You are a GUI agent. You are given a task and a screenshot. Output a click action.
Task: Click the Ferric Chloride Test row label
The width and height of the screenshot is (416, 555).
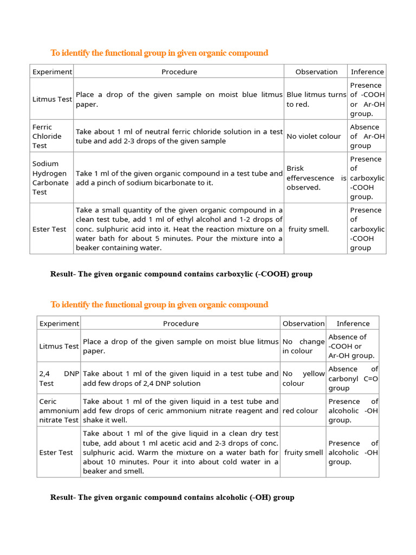click(47, 136)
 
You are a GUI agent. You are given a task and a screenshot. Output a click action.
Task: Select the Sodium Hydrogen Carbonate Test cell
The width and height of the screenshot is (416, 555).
click(50, 178)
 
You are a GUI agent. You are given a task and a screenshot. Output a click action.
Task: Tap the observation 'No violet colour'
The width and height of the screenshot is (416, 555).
click(314, 137)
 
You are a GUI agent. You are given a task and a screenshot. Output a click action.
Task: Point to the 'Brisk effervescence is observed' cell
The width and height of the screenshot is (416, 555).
click(316, 178)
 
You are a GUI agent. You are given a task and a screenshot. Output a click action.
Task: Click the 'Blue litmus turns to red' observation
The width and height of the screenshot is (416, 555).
click(316, 99)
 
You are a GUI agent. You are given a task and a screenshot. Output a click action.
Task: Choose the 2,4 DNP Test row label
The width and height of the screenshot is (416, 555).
click(58, 378)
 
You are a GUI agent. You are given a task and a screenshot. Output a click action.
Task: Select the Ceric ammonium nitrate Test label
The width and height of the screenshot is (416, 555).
click(58, 411)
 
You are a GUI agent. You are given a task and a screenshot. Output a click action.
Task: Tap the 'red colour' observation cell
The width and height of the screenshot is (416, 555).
click(300, 411)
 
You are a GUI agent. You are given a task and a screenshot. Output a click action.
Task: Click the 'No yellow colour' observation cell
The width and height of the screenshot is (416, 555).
click(303, 378)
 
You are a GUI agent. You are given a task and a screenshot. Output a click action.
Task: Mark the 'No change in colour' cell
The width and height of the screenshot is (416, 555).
click(303, 346)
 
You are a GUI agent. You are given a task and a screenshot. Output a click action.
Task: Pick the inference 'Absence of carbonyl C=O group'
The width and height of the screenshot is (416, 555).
click(353, 378)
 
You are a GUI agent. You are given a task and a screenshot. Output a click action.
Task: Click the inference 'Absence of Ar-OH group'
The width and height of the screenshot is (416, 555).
click(367, 137)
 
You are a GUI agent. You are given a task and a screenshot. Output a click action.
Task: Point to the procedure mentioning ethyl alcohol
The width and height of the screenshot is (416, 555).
click(179, 229)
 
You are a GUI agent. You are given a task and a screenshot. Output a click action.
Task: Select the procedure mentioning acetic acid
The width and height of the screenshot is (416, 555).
click(180, 453)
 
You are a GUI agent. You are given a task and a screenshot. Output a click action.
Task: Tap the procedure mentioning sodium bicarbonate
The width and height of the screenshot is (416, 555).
click(179, 178)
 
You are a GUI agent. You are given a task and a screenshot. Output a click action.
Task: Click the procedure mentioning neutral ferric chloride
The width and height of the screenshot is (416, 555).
click(179, 137)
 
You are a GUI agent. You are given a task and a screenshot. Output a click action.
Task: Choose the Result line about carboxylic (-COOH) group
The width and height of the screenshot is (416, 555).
click(181, 274)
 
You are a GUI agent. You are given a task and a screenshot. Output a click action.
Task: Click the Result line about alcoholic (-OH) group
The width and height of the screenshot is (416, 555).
click(172, 497)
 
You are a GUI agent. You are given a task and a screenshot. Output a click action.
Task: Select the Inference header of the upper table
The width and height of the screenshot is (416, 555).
click(367, 72)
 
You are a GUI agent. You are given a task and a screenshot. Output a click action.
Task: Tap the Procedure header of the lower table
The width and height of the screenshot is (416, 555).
click(181, 324)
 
